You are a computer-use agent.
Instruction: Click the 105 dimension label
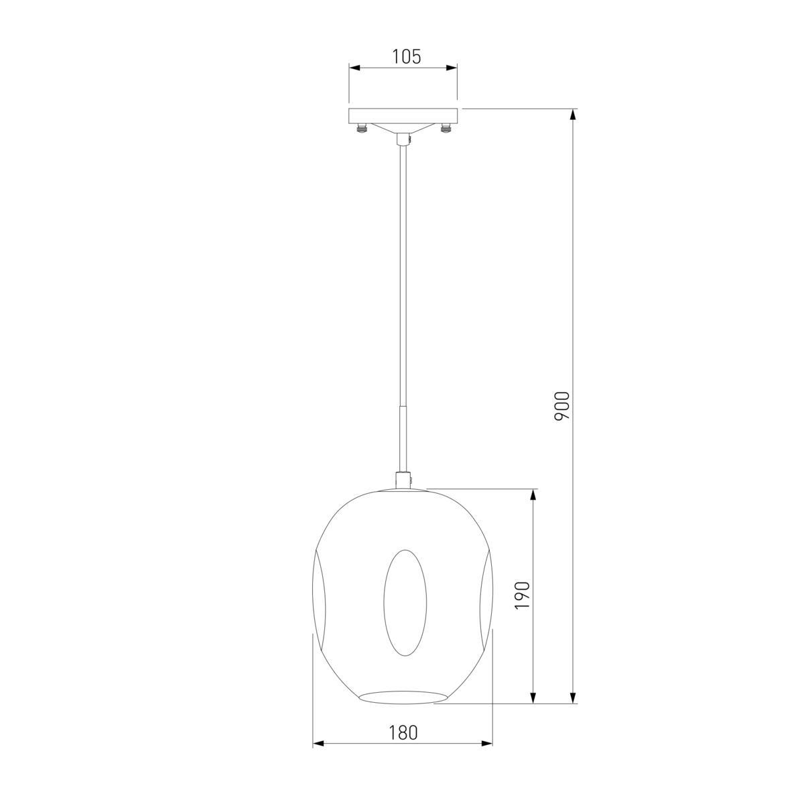[x=407, y=57]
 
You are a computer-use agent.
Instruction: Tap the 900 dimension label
[x=561, y=406]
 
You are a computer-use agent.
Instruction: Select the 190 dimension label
[x=523, y=595]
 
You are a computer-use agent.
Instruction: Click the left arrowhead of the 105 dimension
[x=354, y=68]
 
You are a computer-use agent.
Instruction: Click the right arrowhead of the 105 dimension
[x=452, y=68]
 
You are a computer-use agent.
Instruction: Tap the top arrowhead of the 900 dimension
[x=574, y=115]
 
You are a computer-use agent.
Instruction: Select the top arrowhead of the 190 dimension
[x=533, y=494]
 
